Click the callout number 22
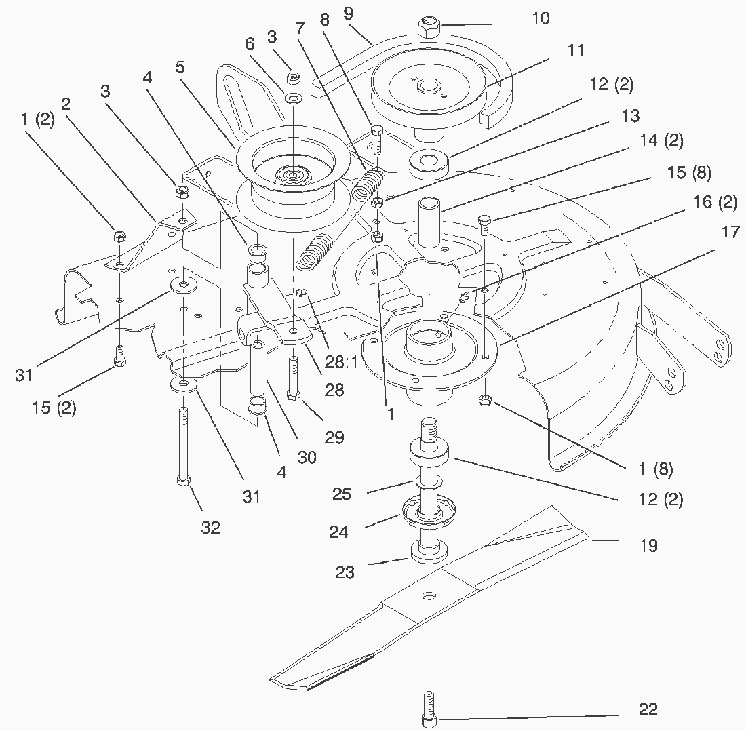pyautogui.click(x=648, y=709)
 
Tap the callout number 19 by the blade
pyautogui.click(x=648, y=545)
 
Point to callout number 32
pyautogui.click(x=210, y=528)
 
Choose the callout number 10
pyautogui.click(x=540, y=18)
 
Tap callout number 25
pyautogui.click(x=342, y=494)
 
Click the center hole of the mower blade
pyautogui.click(x=429, y=595)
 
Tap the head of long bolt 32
pyautogui.click(x=182, y=481)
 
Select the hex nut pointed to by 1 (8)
pyautogui.click(x=486, y=400)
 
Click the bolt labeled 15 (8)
pyautogui.click(x=484, y=223)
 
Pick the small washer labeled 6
pyautogui.click(x=293, y=99)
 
